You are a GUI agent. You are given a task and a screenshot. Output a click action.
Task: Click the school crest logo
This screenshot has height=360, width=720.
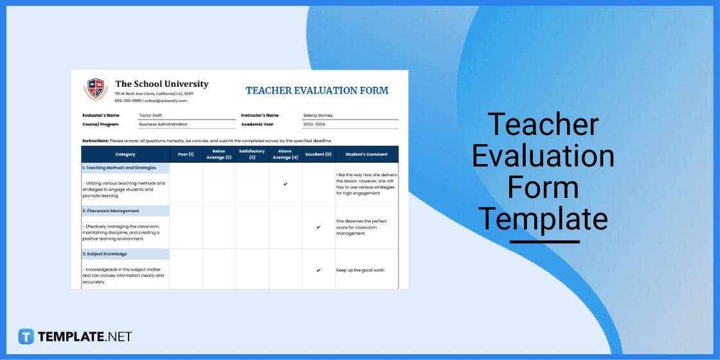coord(96,89)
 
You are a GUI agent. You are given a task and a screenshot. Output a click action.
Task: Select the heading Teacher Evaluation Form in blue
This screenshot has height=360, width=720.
coord(317,91)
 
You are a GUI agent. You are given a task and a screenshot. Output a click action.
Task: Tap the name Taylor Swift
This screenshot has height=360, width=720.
coord(151,116)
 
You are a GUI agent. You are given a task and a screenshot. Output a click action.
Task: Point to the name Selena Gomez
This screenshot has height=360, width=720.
coord(318,116)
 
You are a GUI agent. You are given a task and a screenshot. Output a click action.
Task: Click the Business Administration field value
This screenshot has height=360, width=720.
coord(163,124)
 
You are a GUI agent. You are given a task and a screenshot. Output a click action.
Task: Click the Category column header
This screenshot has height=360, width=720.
coord(125,154)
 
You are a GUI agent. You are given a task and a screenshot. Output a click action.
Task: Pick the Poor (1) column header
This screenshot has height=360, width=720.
coord(186,154)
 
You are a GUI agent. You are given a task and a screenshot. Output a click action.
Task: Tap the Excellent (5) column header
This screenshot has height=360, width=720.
coord(318,154)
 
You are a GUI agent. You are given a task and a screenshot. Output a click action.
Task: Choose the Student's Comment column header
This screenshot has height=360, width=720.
coord(366,154)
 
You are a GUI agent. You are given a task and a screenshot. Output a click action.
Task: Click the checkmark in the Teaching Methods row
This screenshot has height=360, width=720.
coord(285,184)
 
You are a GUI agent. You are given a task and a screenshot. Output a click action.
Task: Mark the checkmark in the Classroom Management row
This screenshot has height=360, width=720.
coord(318,227)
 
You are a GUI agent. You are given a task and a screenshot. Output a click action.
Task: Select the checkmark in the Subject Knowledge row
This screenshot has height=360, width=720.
coord(318,270)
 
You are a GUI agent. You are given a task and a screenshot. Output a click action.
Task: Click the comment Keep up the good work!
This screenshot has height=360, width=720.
coord(360,270)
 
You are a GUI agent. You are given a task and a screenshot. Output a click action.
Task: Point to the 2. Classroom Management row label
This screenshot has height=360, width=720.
coord(111,211)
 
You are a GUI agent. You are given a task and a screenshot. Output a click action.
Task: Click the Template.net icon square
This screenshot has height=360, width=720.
coord(26,336)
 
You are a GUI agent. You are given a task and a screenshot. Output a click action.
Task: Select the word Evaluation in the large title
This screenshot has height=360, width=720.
coord(543,156)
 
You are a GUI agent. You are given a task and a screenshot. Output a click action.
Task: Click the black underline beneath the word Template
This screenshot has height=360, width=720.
coord(544,242)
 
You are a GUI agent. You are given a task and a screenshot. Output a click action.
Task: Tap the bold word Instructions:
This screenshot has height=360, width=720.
coord(95,140)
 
